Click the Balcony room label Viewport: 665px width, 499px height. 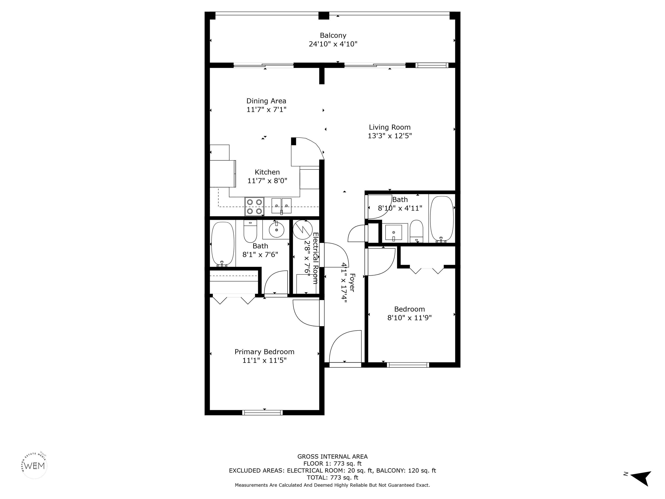(x=333, y=36)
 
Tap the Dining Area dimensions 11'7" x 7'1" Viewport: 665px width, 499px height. (x=266, y=110)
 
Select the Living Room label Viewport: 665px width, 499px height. (x=390, y=127)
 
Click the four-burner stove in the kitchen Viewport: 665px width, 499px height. (x=254, y=206)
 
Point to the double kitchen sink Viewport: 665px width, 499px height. (x=281, y=206)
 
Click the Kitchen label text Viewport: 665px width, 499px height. (x=267, y=172)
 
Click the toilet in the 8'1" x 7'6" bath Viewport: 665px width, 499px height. (x=250, y=232)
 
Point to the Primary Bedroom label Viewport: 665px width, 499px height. (x=264, y=352)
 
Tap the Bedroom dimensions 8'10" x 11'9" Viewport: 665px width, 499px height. (x=410, y=318)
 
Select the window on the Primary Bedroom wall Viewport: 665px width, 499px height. (x=262, y=412)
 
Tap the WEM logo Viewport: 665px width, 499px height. (x=35, y=466)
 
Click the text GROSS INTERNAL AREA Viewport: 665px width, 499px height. (x=332, y=457)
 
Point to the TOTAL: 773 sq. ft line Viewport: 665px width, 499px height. (x=332, y=477)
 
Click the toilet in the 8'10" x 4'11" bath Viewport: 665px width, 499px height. (x=416, y=231)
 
